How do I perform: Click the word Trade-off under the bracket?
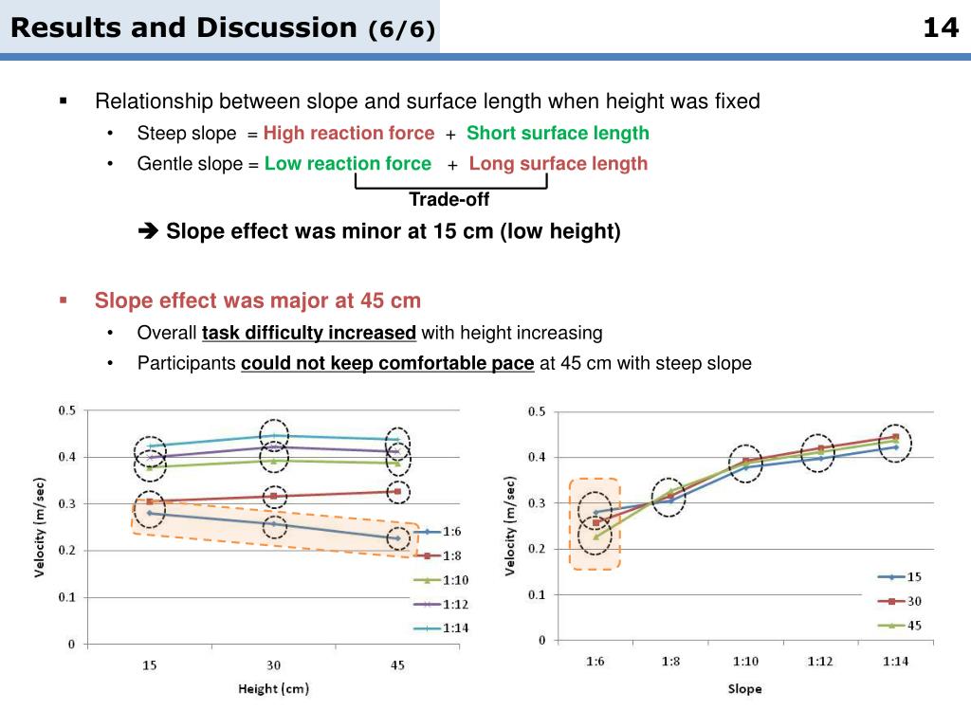coord(449,199)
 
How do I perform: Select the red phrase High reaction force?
coord(349,133)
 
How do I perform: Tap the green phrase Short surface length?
coord(558,133)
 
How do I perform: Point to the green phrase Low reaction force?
coord(348,163)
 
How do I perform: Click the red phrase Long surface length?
coord(559,163)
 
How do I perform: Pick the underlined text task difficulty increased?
coord(309,333)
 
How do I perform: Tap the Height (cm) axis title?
coord(273,688)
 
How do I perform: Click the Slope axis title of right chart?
coord(744,689)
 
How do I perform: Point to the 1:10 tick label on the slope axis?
coord(745,662)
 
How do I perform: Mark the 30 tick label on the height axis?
coord(274,665)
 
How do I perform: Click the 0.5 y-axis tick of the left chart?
coord(67,410)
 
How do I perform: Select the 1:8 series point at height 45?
coord(398,491)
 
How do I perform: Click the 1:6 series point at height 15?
coord(150,513)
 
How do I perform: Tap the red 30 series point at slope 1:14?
coord(895,437)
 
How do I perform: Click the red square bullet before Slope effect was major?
coord(64,300)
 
